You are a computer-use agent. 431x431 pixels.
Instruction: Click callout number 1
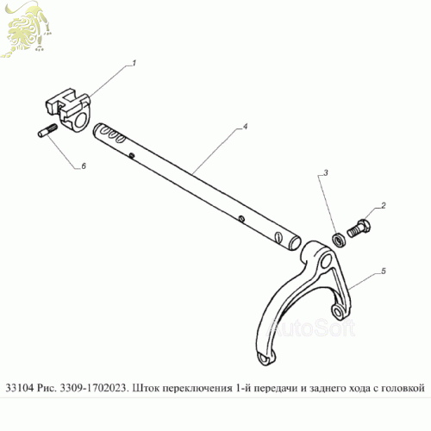point(134,63)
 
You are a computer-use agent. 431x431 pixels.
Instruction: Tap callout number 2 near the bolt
point(384,205)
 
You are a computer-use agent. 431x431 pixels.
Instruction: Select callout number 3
point(326,172)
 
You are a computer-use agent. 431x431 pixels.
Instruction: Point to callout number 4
point(245,127)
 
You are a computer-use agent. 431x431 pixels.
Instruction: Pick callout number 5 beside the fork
point(384,271)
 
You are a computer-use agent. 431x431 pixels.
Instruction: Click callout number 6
point(84,166)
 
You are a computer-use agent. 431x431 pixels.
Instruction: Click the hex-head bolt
point(359,228)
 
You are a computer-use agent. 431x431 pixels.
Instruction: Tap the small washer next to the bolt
point(339,240)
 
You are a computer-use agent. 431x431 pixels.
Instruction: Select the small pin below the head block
point(47,130)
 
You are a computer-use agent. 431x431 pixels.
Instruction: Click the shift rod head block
point(68,109)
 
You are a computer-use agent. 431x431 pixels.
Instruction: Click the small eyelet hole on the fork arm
point(337,311)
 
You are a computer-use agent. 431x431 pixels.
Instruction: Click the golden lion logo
point(27,31)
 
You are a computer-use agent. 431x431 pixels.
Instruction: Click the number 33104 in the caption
point(20,388)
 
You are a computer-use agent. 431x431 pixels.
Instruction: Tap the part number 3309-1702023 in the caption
point(93,388)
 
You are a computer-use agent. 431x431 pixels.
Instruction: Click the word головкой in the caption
point(403,389)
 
